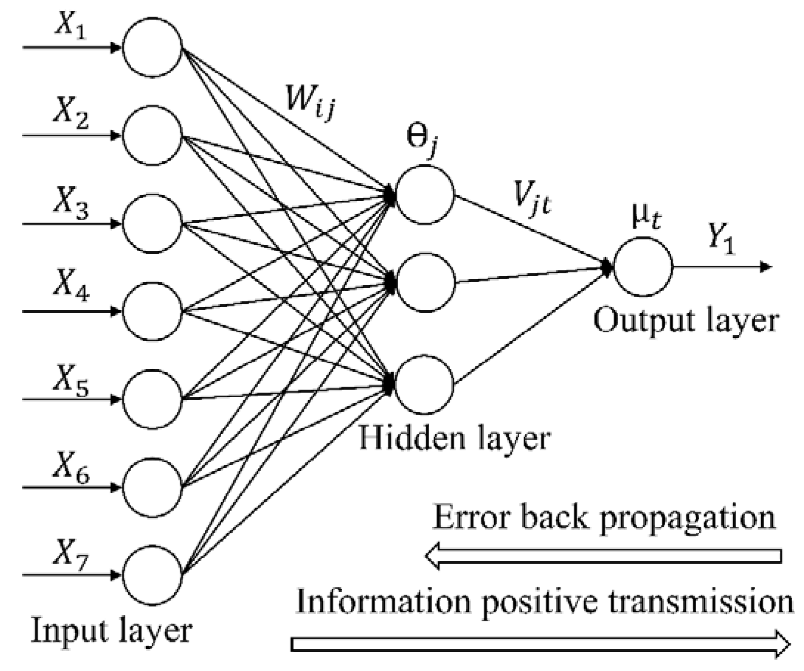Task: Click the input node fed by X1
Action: click(x=152, y=48)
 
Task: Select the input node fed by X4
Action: click(x=152, y=311)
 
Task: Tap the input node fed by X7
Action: click(x=152, y=575)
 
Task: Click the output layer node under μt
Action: click(x=643, y=267)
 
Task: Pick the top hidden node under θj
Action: click(x=425, y=194)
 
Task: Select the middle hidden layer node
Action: click(x=425, y=283)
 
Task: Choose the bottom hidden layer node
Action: click(x=424, y=384)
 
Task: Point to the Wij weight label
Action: click(x=310, y=101)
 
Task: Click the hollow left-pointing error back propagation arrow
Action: click(x=603, y=556)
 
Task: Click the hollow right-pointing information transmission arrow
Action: click(x=540, y=644)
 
